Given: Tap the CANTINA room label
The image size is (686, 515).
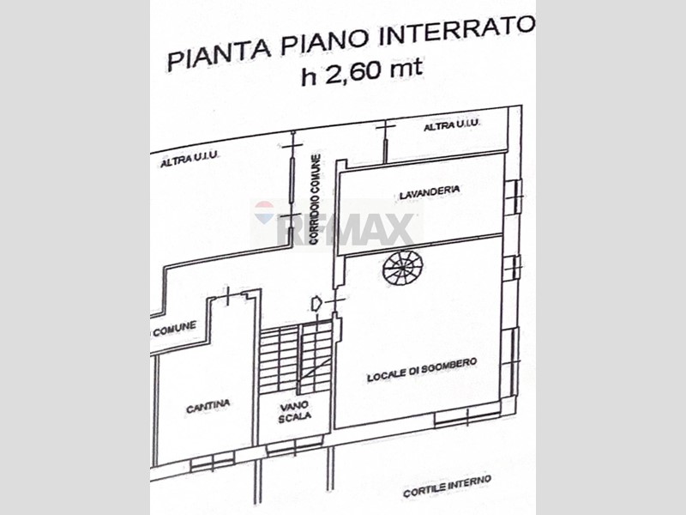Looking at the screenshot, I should (208, 408).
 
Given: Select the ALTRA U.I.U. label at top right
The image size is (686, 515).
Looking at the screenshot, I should (453, 126).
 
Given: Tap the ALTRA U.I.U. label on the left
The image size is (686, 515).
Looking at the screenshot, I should (190, 160).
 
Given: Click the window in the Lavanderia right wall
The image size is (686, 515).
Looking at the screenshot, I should (513, 197).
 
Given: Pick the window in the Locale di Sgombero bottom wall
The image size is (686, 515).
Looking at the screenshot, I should (467, 419).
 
